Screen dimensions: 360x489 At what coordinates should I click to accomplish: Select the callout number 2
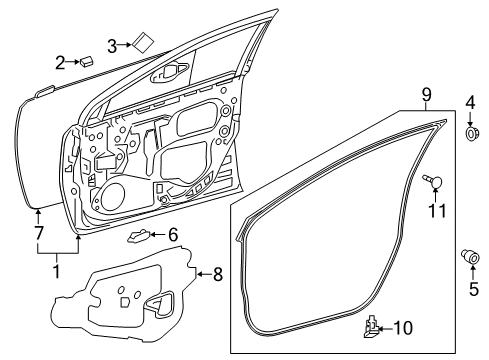(61, 64)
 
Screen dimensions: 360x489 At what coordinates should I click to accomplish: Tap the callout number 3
(113, 44)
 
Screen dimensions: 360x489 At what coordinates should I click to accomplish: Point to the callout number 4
(470, 102)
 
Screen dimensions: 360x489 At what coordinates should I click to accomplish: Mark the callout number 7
(39, 234)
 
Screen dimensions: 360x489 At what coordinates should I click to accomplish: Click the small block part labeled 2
(88, 61)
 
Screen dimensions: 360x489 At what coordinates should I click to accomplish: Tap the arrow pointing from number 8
(203, 271)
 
